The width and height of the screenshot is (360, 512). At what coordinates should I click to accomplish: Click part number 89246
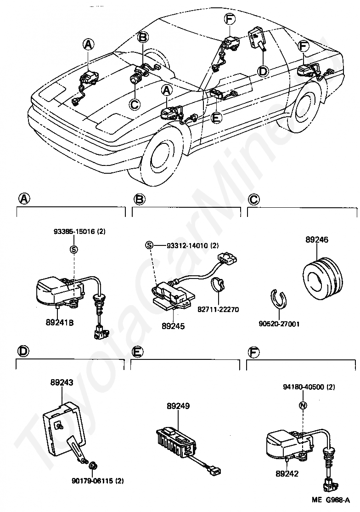(317, 239)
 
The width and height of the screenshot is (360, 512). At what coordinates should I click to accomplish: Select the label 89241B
(60, 323)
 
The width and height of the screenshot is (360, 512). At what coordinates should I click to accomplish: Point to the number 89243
(62, 382)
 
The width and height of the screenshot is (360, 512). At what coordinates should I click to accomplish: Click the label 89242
(287, 473)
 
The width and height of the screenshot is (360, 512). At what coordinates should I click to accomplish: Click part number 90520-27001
(279, 324)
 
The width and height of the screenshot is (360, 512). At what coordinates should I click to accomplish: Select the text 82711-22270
(218, 309)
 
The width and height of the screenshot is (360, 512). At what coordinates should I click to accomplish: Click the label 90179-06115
(92, 481)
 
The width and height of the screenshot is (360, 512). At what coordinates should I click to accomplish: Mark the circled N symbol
(303, 405)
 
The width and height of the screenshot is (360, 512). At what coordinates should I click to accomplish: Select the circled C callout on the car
(135, 104)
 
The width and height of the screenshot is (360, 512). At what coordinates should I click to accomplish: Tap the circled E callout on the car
(216, 118)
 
